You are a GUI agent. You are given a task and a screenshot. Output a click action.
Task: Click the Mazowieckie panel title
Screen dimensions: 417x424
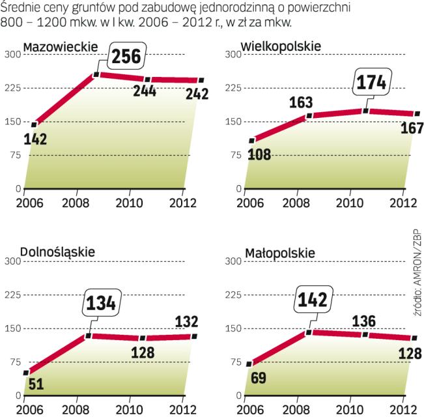(60, 46)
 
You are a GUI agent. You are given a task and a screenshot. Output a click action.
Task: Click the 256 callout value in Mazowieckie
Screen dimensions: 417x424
(126, 57)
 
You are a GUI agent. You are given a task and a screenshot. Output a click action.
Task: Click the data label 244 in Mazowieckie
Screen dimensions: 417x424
(145, 91)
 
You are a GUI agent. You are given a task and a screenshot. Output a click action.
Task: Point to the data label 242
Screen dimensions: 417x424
(197, 94)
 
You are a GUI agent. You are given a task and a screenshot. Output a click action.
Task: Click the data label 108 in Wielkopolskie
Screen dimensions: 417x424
(261, 154)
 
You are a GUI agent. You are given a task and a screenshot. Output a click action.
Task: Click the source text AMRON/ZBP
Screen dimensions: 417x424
(415, 273)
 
